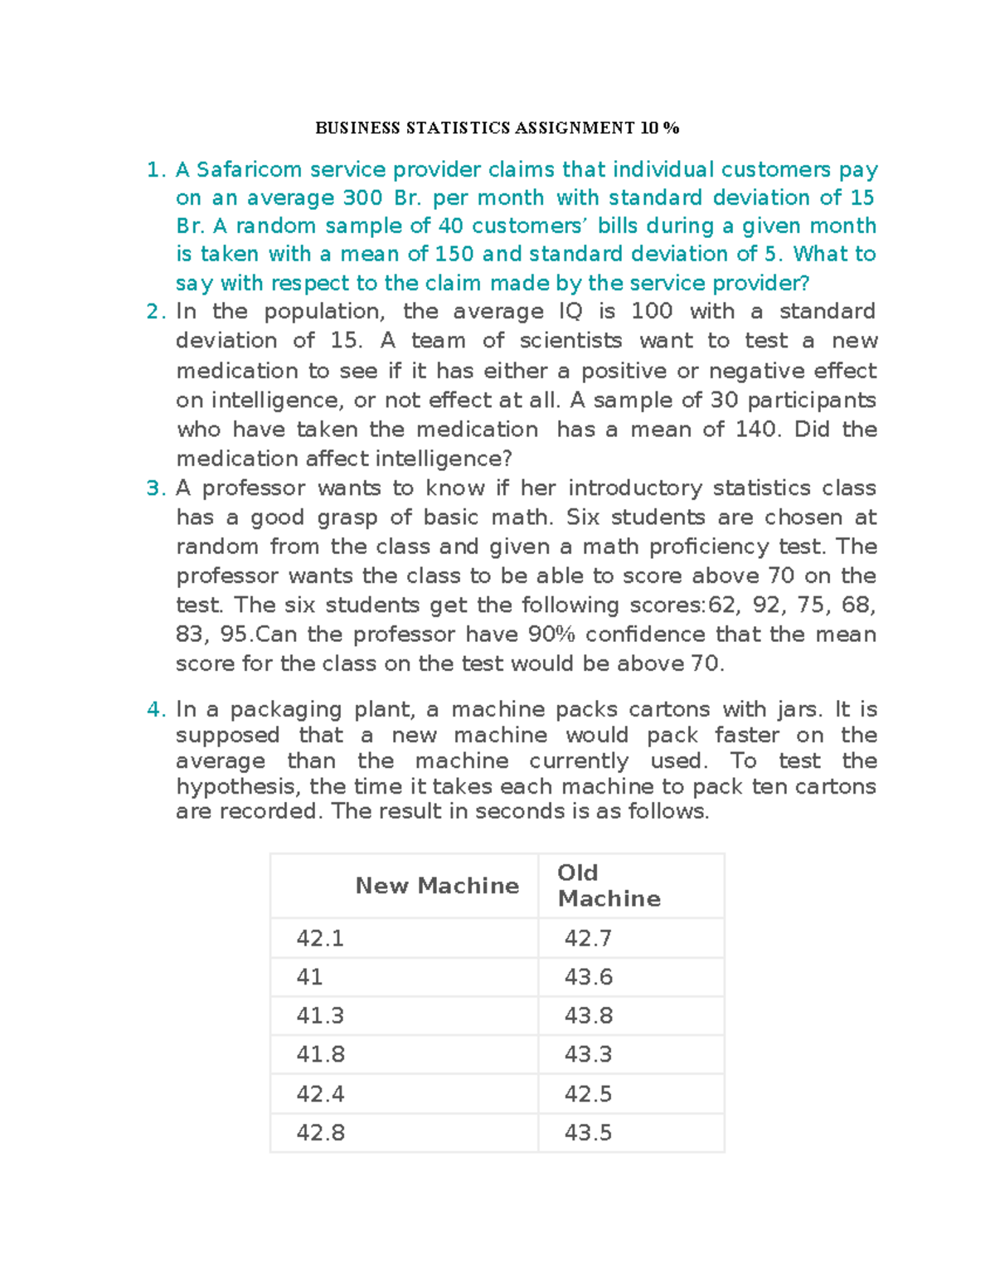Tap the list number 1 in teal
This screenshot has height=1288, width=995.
click(155, 170)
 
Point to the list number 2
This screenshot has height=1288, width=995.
click(155, 312)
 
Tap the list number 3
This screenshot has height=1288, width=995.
click(155, 488)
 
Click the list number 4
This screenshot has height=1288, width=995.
click(155, 710)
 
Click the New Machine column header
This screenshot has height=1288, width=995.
click(437, 886)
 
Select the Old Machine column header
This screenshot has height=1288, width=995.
click(609, 886)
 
